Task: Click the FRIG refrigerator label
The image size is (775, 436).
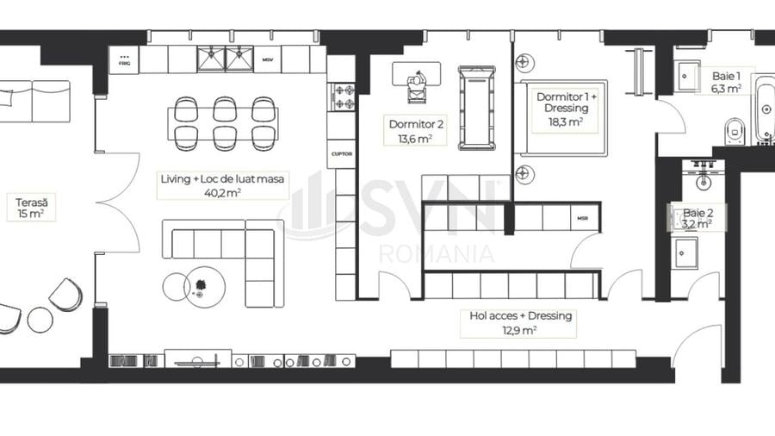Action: [x=124, y=60]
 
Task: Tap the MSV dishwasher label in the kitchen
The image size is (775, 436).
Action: [x=268, y=60]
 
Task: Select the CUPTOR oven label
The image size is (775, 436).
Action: [x=341, y=153]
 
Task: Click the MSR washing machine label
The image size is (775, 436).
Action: [x=583, y=219]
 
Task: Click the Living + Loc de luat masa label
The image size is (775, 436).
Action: [x=223, y=185]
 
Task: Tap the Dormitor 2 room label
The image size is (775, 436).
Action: [x=415, y=130]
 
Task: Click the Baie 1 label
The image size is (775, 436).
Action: [x=725, y=81]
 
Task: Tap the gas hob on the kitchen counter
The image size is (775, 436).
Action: [x=342, y=96]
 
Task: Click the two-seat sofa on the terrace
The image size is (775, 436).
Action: [x=34, y=102]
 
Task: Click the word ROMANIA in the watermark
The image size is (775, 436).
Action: [x=437, y=253]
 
